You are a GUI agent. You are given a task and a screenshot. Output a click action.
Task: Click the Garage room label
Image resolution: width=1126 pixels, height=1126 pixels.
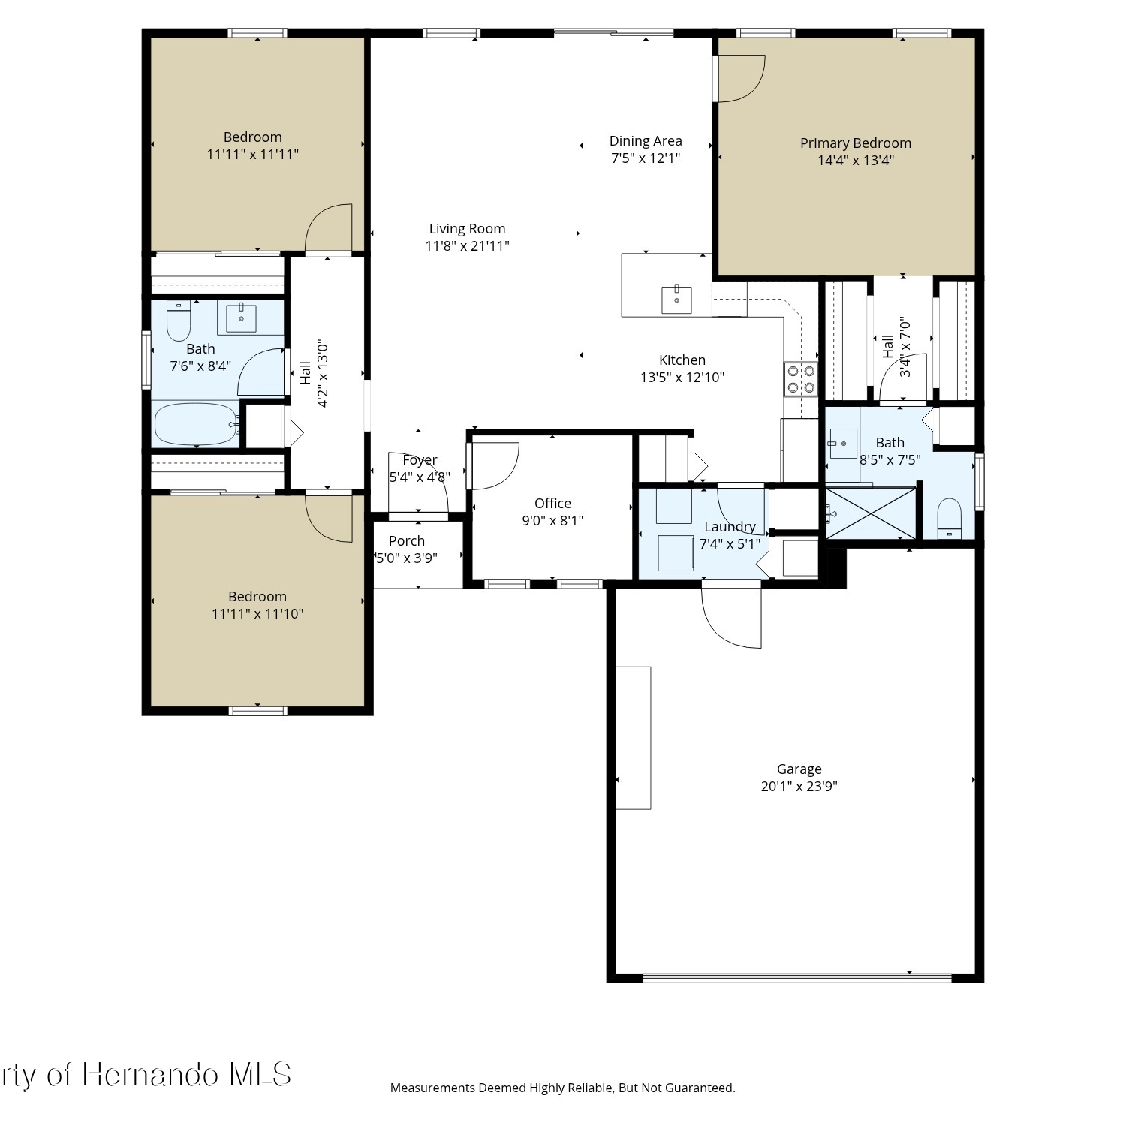pyautogui.click(x=799, y=769)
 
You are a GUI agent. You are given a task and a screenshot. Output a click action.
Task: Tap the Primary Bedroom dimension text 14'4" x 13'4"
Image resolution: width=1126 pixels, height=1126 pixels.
pyautogui.click(x=856, y=160)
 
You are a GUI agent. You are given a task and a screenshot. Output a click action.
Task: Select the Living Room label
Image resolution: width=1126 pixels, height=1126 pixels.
pyautogui.click(x=467, y=229)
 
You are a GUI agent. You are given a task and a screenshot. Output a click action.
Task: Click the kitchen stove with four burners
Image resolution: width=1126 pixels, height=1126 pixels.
pyautogui.click(x=801, y=379)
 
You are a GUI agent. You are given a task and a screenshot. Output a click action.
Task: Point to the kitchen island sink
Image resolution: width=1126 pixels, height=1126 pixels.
pyautogui.click(x=677, y=299)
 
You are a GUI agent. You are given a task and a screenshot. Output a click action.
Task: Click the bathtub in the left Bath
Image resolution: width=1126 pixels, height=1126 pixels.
pyautogui.click(x=197, y=424)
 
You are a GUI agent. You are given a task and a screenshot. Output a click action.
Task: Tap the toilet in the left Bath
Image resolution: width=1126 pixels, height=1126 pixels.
pyautogui.click(x=179, y=321)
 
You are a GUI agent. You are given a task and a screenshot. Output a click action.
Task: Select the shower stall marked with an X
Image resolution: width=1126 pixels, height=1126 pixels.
pyautogui.click(x=871, y=513)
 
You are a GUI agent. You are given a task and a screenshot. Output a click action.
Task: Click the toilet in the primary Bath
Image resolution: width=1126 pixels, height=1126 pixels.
pyautogui.click(x=950, y=518)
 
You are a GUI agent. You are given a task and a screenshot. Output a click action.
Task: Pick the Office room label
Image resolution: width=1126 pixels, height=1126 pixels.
pyautogui.click(x=552, y=504)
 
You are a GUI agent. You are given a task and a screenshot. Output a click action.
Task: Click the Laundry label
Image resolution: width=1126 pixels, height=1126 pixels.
pyautogui.click(x=730, y=527)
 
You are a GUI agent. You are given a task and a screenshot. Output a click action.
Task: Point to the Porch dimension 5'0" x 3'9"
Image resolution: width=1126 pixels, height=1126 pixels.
pyautogui.click(x=406, y=558)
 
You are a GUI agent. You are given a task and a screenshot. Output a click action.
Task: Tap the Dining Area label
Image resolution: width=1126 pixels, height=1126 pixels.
pyautogui.click(x=646, y=141)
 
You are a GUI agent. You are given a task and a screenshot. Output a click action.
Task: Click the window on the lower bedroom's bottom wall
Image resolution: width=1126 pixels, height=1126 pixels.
pyautogui.click(x=257, y=710)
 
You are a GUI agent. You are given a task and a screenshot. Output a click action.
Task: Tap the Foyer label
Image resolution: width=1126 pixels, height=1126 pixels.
pyautogui.click(x=420, y=460)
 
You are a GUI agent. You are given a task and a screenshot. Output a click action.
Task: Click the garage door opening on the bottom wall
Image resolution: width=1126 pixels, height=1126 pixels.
pyautogui.click(x=797, y=978)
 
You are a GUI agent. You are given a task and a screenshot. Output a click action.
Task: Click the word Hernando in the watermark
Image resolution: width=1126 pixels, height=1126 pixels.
pyautogui.click(x=151, y=1075)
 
